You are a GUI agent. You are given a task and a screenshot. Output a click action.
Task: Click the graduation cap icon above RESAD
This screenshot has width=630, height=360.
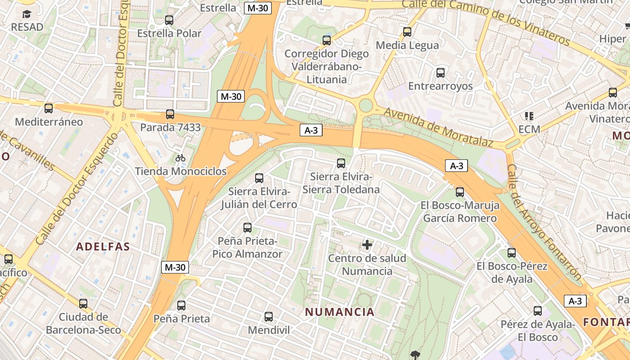click(x=27, y=14)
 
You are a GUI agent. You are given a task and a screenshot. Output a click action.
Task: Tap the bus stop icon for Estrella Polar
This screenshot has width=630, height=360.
click(x=169, y=20)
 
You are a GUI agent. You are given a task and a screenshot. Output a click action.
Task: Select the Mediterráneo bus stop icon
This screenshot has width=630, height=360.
click(x=49, y=108)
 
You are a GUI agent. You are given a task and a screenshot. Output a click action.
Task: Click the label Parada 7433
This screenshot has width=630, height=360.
click(x=170, y=127)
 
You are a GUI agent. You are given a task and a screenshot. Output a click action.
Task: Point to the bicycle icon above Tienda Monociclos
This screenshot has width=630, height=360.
click(x=180, y=158)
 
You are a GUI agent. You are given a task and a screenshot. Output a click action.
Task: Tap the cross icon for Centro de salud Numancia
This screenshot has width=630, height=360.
click(x=367, y=245)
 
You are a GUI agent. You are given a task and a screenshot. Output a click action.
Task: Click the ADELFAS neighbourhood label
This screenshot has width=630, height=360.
click(x=103, y=247)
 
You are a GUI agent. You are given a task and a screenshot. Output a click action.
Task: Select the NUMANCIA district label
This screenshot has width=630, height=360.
click(x=340, y=312)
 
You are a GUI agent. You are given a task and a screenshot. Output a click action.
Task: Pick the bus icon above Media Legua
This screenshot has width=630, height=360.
click(x=407, y=32)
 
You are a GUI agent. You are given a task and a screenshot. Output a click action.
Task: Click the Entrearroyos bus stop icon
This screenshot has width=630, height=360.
click(x=441, y=72)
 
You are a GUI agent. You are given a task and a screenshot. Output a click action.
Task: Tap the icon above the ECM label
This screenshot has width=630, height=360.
click(x=529, y=116)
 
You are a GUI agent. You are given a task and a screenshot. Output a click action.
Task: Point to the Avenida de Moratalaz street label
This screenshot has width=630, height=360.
click(x=439, y=127)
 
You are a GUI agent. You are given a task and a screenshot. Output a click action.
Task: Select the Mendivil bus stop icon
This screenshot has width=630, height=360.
click(x=269, y=317)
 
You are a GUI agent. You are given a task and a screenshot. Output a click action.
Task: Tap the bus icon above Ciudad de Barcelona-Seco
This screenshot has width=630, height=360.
click(x=83, y=304)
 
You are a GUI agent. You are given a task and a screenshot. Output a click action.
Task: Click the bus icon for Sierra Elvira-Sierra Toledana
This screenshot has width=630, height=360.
click(x=341, y=163)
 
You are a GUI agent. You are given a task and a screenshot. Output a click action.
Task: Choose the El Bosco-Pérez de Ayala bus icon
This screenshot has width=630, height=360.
click(x=512, y=253)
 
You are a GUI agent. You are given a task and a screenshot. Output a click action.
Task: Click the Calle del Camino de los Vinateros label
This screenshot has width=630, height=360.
click(x=486, y=21)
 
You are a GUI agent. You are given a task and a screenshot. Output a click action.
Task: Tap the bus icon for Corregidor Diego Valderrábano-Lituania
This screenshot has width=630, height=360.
click(x=327, y=40)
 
